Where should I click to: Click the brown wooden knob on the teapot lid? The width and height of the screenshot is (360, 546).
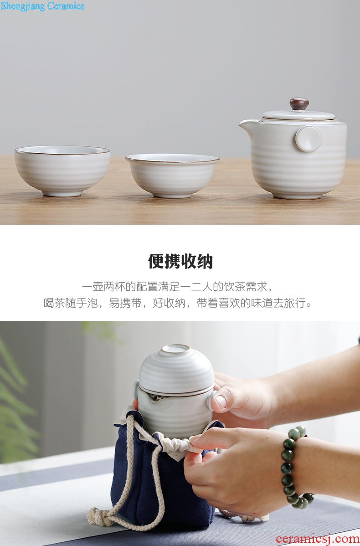tap(299, 104)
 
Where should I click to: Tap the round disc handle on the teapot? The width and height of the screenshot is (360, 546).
tap(309, 139)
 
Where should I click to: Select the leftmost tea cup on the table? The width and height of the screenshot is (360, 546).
tap(62, 170)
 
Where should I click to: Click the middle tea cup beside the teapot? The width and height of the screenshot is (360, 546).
tap(172, 175)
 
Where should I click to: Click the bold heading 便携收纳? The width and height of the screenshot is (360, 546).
tap(180, 261)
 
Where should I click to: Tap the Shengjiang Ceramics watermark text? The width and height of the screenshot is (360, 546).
tap(42, 6)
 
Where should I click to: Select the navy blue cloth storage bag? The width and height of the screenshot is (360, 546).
tap(164, 480)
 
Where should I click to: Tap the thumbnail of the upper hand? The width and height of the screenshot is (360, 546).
tap(221, 402)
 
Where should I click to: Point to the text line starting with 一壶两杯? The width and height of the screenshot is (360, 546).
tap(178, 287)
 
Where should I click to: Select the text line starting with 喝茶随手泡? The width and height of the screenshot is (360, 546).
tap(178, 303)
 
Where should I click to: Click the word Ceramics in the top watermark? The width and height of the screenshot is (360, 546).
tap(66, 5)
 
